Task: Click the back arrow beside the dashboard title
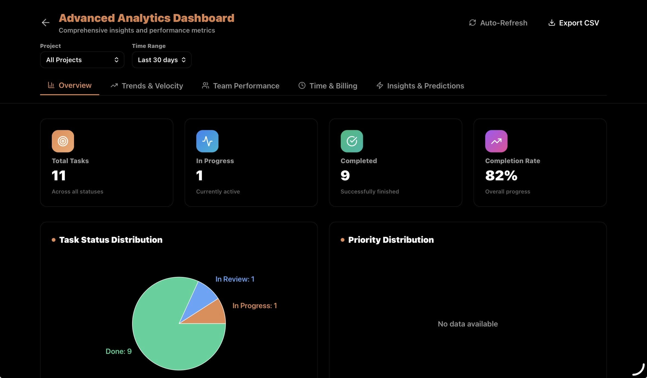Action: [x=46, y=22]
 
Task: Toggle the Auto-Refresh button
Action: [x=498, y=23]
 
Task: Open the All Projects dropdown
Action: [x=82, y=60]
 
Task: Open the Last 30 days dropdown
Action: [x=161, y=60]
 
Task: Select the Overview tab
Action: [x=70, y=85]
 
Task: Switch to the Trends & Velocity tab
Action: [x=147, y=86]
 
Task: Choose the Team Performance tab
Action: [x=240, y=86]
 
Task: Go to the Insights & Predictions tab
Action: [x=420, y=86]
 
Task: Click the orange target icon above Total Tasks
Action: [x=63, y=141]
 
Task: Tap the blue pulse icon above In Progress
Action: [x=207, y=141]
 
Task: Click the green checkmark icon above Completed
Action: [x=352, y=141]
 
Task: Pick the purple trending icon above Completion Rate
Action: [x=496, y=141]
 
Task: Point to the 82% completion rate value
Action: [x=501, y=175]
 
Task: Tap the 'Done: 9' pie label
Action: [x=118, y=351]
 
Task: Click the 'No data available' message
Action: [x=468, y=324]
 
